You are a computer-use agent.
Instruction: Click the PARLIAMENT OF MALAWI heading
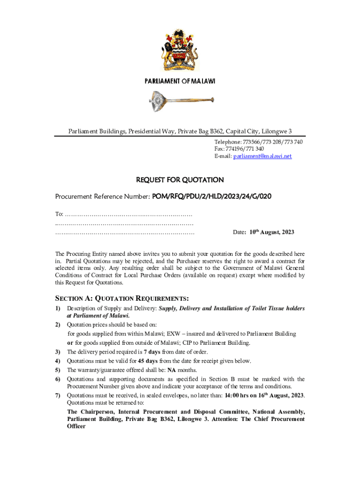(180, 81)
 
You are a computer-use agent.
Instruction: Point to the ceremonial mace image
(180, 101)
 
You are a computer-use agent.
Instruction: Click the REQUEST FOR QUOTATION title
(180, 180)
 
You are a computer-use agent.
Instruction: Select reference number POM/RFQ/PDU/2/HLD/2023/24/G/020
(211, 197)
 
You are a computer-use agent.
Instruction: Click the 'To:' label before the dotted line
(59, 214)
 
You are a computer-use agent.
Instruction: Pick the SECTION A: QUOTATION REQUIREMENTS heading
(122, 298)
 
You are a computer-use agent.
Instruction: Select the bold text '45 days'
(148, 361)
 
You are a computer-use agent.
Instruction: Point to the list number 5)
(58, 370)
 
